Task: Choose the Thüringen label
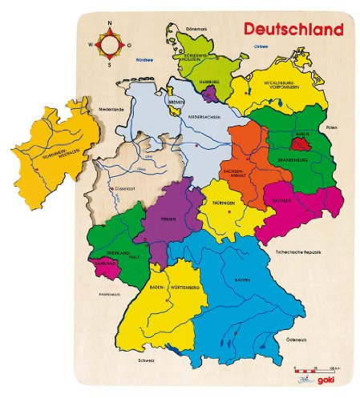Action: [224, 203]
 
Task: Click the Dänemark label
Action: [196, 30]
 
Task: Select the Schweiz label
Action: [144, 360]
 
